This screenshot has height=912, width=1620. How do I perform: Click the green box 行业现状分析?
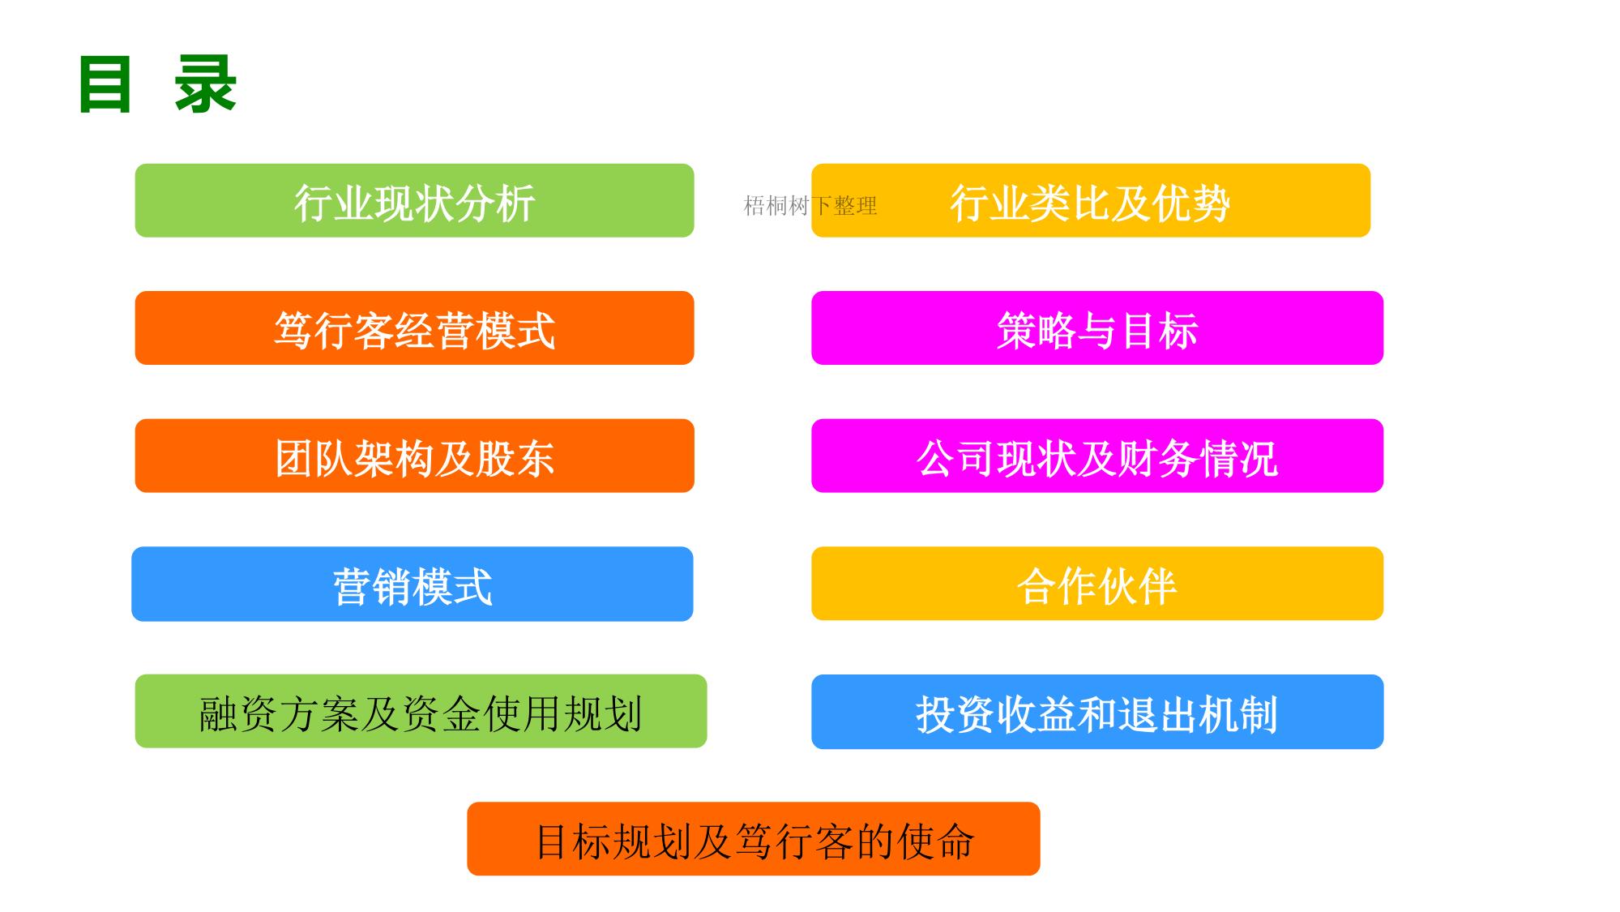(x=414, y=200)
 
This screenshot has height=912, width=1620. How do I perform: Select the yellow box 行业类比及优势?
(x=1091, y=200)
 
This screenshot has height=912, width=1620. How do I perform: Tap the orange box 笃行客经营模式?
(x=414, y=328)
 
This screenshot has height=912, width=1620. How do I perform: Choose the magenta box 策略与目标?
(x=1097, y=328)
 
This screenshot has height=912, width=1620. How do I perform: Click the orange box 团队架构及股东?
(x=414, y=456)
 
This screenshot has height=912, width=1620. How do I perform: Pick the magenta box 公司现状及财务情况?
(x=1097, y=456)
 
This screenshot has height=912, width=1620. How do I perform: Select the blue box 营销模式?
(x=412, y=584)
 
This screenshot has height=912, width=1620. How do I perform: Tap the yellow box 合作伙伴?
(x=1097, y=584)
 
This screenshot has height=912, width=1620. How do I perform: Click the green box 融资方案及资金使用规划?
(x=421, y=711)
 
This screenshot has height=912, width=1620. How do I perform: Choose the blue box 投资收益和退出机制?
(x=1097, y=712)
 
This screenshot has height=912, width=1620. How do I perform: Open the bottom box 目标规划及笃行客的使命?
(x=754, y=839)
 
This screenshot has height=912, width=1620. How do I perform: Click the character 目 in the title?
(x=105, y=84)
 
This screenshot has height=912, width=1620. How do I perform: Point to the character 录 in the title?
(x=205, y=84)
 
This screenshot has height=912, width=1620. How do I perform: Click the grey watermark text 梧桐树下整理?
(x=810, y=206)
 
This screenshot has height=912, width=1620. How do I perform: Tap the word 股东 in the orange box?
(x=515, y=458)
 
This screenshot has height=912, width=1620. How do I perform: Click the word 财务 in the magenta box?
(x=1157, y=458)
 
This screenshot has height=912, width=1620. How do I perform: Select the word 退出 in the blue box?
(x=1157, y=714)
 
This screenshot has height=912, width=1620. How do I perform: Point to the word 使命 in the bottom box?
(x=935, y=841)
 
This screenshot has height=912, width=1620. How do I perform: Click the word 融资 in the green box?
(x=239, y=714)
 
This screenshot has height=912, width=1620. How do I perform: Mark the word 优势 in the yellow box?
(x=1191, y=203)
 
